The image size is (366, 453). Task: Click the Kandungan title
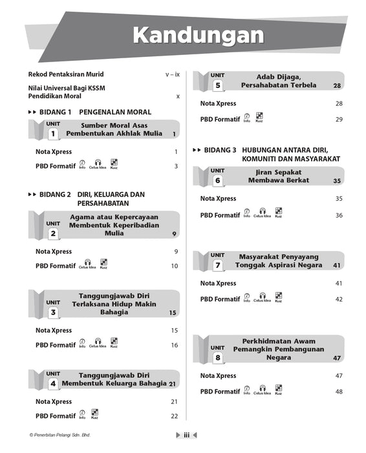[x=194, y=36]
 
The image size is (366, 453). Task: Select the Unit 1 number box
[x=52, y=135]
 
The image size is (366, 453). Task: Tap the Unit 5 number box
[x=217, y=85]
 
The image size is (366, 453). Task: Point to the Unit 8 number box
[x=218, y=357]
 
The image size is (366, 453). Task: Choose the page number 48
[x=339, y=392]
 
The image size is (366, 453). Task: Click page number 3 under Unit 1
[x=176, y=166]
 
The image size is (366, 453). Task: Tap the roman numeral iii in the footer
[x=186, y=436]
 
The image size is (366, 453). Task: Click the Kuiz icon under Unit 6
[x=278, y=212]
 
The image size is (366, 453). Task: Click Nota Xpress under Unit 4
[x=54, y=402]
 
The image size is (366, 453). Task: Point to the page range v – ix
[x=172, y=74]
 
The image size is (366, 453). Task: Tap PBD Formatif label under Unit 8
[x=220, y=392]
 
